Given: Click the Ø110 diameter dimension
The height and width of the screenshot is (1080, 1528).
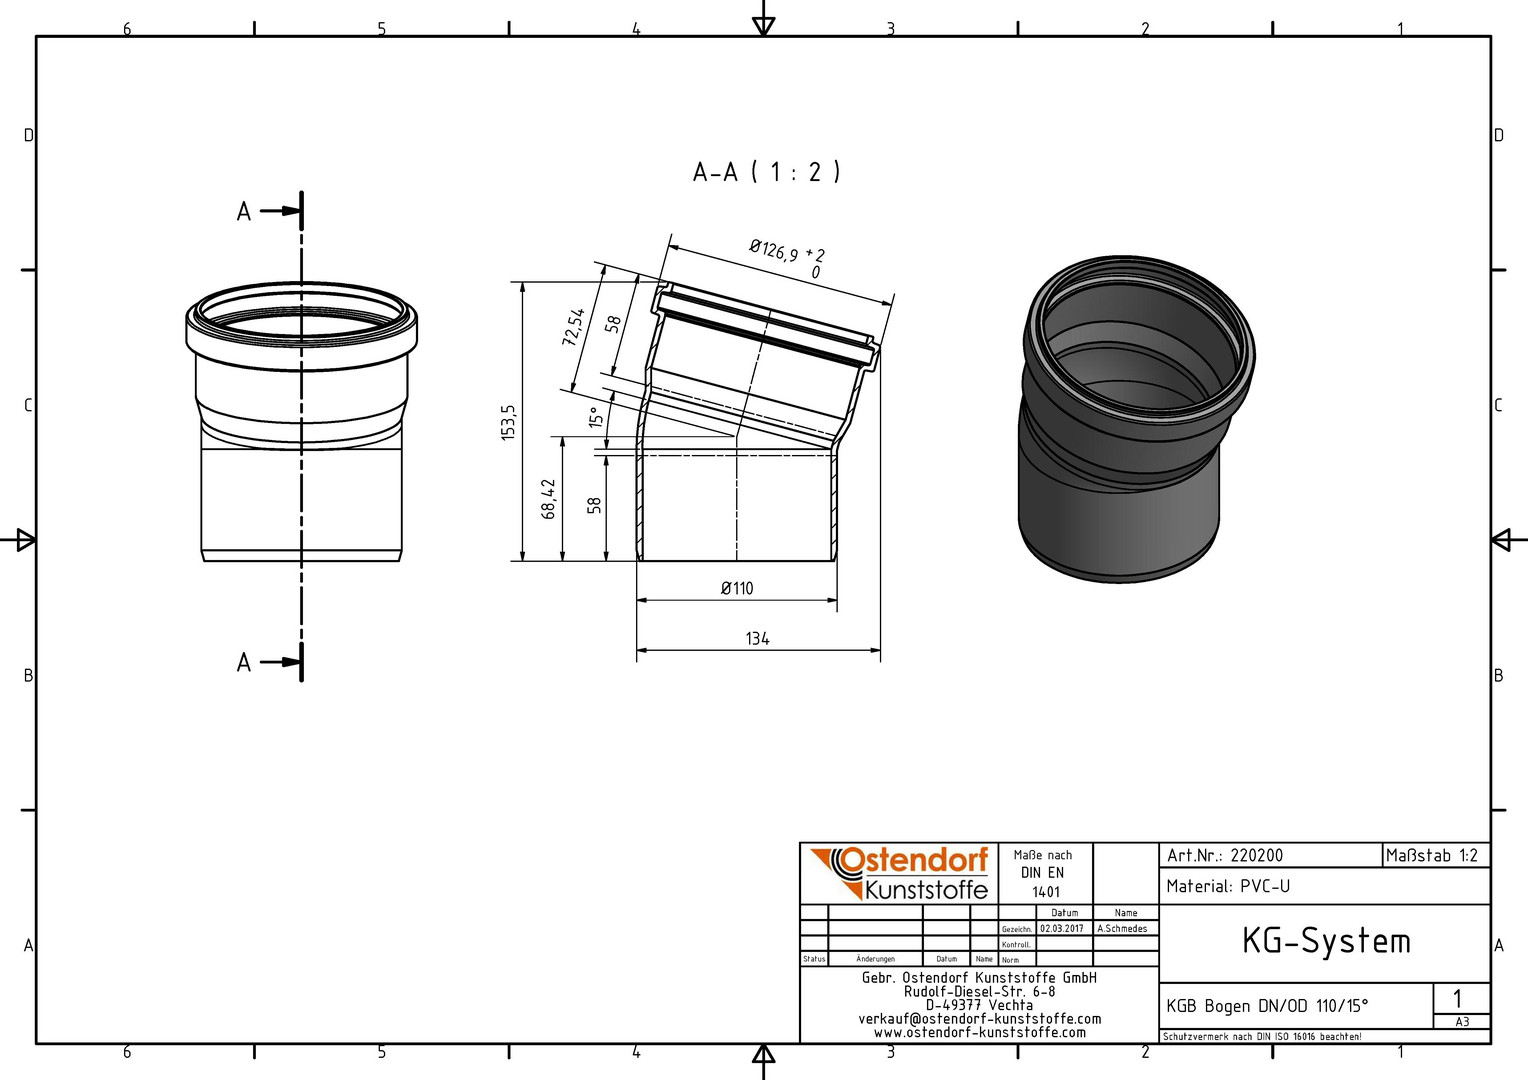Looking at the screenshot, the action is (x=737, y=588).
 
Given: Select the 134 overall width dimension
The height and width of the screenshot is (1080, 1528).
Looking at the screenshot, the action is (x=757, y=639).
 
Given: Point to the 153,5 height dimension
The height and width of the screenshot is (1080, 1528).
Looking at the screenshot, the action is (x=509, y=422).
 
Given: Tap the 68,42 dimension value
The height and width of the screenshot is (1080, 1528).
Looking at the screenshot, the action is (x=548, y=499).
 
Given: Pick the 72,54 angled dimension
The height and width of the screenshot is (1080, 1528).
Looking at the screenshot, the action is (x=573, y=327).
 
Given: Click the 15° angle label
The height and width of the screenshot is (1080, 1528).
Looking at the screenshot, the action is (x=596, y=417).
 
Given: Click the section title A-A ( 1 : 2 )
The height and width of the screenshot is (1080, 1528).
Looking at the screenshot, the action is (x=766, y=172).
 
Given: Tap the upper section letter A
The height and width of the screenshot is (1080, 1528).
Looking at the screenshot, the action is (x=244, y=211).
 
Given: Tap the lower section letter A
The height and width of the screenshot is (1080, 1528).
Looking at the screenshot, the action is (x=244, y=662).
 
